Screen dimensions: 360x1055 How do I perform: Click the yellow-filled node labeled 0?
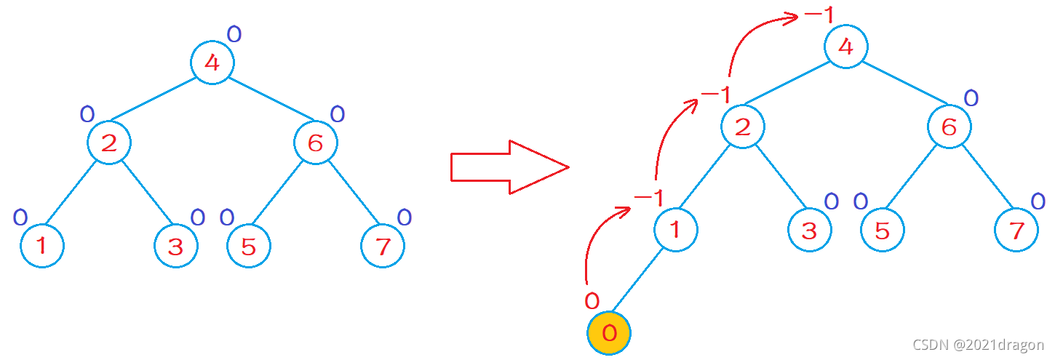click(609, 333)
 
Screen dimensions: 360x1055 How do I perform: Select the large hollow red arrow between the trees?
click(509, 168)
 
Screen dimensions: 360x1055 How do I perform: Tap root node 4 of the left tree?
click(212, 62)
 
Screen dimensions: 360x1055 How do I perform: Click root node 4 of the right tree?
click(845, 47)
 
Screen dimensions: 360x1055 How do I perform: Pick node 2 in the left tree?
click(109, 143)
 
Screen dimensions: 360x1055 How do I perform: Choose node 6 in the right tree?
click(949, 127)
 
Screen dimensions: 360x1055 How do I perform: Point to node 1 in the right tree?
click(675, 230)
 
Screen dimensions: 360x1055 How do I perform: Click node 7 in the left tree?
click(383, 247)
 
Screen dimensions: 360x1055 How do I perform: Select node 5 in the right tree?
click(882, 231)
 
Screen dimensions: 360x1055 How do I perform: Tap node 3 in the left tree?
click(175, 247)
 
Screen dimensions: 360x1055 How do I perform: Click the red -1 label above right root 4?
click(819, 15)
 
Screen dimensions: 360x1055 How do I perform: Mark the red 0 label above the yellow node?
click(592, 300)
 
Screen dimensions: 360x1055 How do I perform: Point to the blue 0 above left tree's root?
click(234, 33)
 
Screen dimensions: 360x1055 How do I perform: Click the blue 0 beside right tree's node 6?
click(971, 98)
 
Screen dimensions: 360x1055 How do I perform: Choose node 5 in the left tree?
click(248, 247)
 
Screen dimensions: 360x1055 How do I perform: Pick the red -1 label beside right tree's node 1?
click(648, 198)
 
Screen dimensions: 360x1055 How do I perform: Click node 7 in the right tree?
click(1016, 231)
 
